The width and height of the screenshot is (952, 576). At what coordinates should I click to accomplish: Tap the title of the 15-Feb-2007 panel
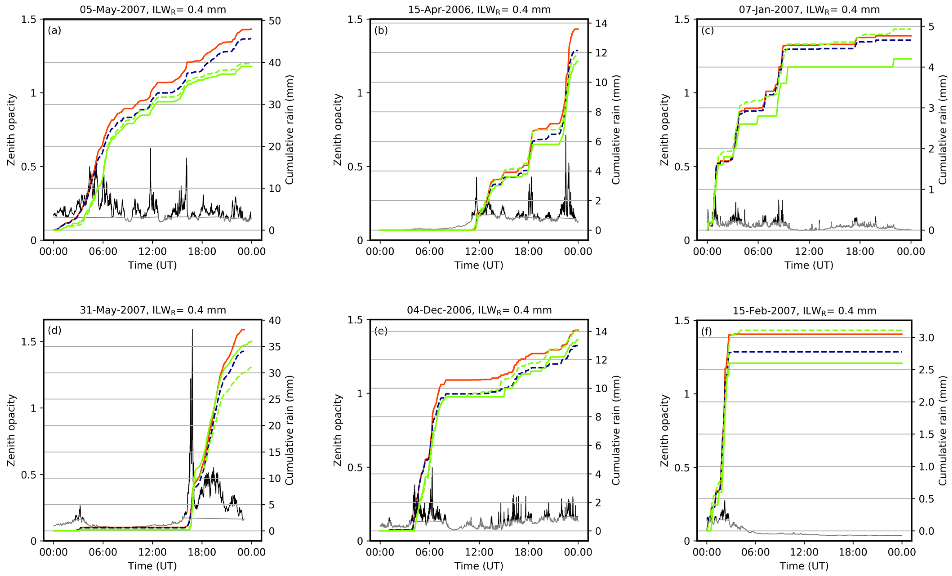(x=804, y=311)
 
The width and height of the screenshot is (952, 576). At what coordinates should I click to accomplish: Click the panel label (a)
(x=54, y=30)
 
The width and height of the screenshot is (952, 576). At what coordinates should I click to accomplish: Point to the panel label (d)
(x=54, y=330)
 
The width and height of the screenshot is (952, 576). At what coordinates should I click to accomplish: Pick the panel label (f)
(x=706, y=331)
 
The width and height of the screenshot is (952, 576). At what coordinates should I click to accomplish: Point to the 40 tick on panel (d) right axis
(x=275, y=320)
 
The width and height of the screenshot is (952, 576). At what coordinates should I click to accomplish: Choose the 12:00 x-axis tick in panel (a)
(x=152, y=251)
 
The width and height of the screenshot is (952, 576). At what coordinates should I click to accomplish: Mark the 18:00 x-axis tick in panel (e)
(x=528, y=552)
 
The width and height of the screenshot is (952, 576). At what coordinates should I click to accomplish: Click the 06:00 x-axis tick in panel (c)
(x=758, y=251)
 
